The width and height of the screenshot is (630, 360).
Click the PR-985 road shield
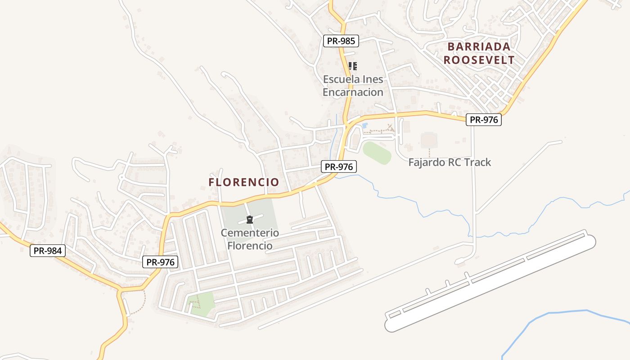tap(341, 41)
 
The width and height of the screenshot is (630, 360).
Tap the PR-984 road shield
tap(48, 251)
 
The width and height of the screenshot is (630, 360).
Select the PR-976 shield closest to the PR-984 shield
tap(160, 262)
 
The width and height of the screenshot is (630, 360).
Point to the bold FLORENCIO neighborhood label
tap(243, 182)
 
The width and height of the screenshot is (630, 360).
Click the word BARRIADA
tap(479, 46)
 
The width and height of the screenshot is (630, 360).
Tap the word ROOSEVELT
tap(479, 60)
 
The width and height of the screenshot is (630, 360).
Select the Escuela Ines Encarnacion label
tap(353, 85)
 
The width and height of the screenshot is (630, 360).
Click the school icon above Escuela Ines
tap(353, 66)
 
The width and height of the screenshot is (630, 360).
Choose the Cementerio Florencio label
tap(250, 239)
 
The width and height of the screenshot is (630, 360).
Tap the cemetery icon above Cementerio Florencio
tap(250, 220)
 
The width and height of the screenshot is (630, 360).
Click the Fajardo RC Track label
tap(450, 162)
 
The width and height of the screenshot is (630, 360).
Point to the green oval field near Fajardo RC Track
tap(377, 153)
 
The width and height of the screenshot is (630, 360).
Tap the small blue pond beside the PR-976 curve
tap(364, 125)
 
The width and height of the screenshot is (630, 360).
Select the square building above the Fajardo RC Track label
tap(429, 140)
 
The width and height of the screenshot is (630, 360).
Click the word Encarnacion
tap(353, 92)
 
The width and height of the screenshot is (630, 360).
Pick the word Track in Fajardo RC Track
tap(478, 162)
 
